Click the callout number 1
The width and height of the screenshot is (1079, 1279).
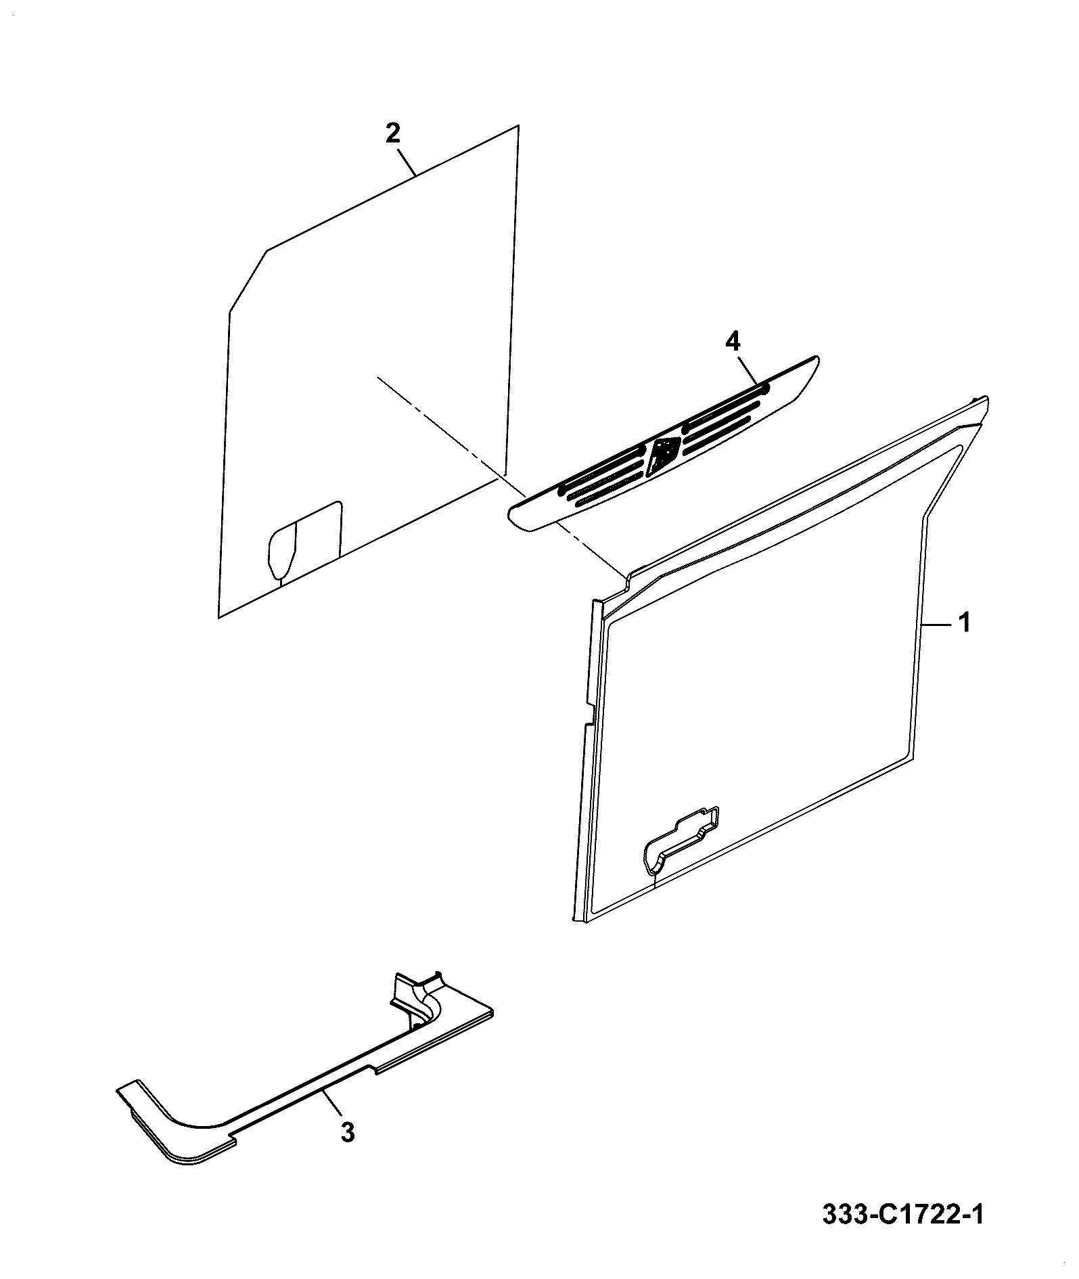[x=964, y=622]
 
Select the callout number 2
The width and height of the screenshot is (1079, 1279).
[x=392, y=132]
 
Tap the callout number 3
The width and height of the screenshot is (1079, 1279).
[x=347, y=1131]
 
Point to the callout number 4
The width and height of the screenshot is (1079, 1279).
[x=732, y=342]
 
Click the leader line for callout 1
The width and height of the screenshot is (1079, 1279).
[x=938, y=626]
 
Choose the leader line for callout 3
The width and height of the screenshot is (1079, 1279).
[x=333, y=1105]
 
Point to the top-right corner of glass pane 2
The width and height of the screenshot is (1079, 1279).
[x=519, y=125]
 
